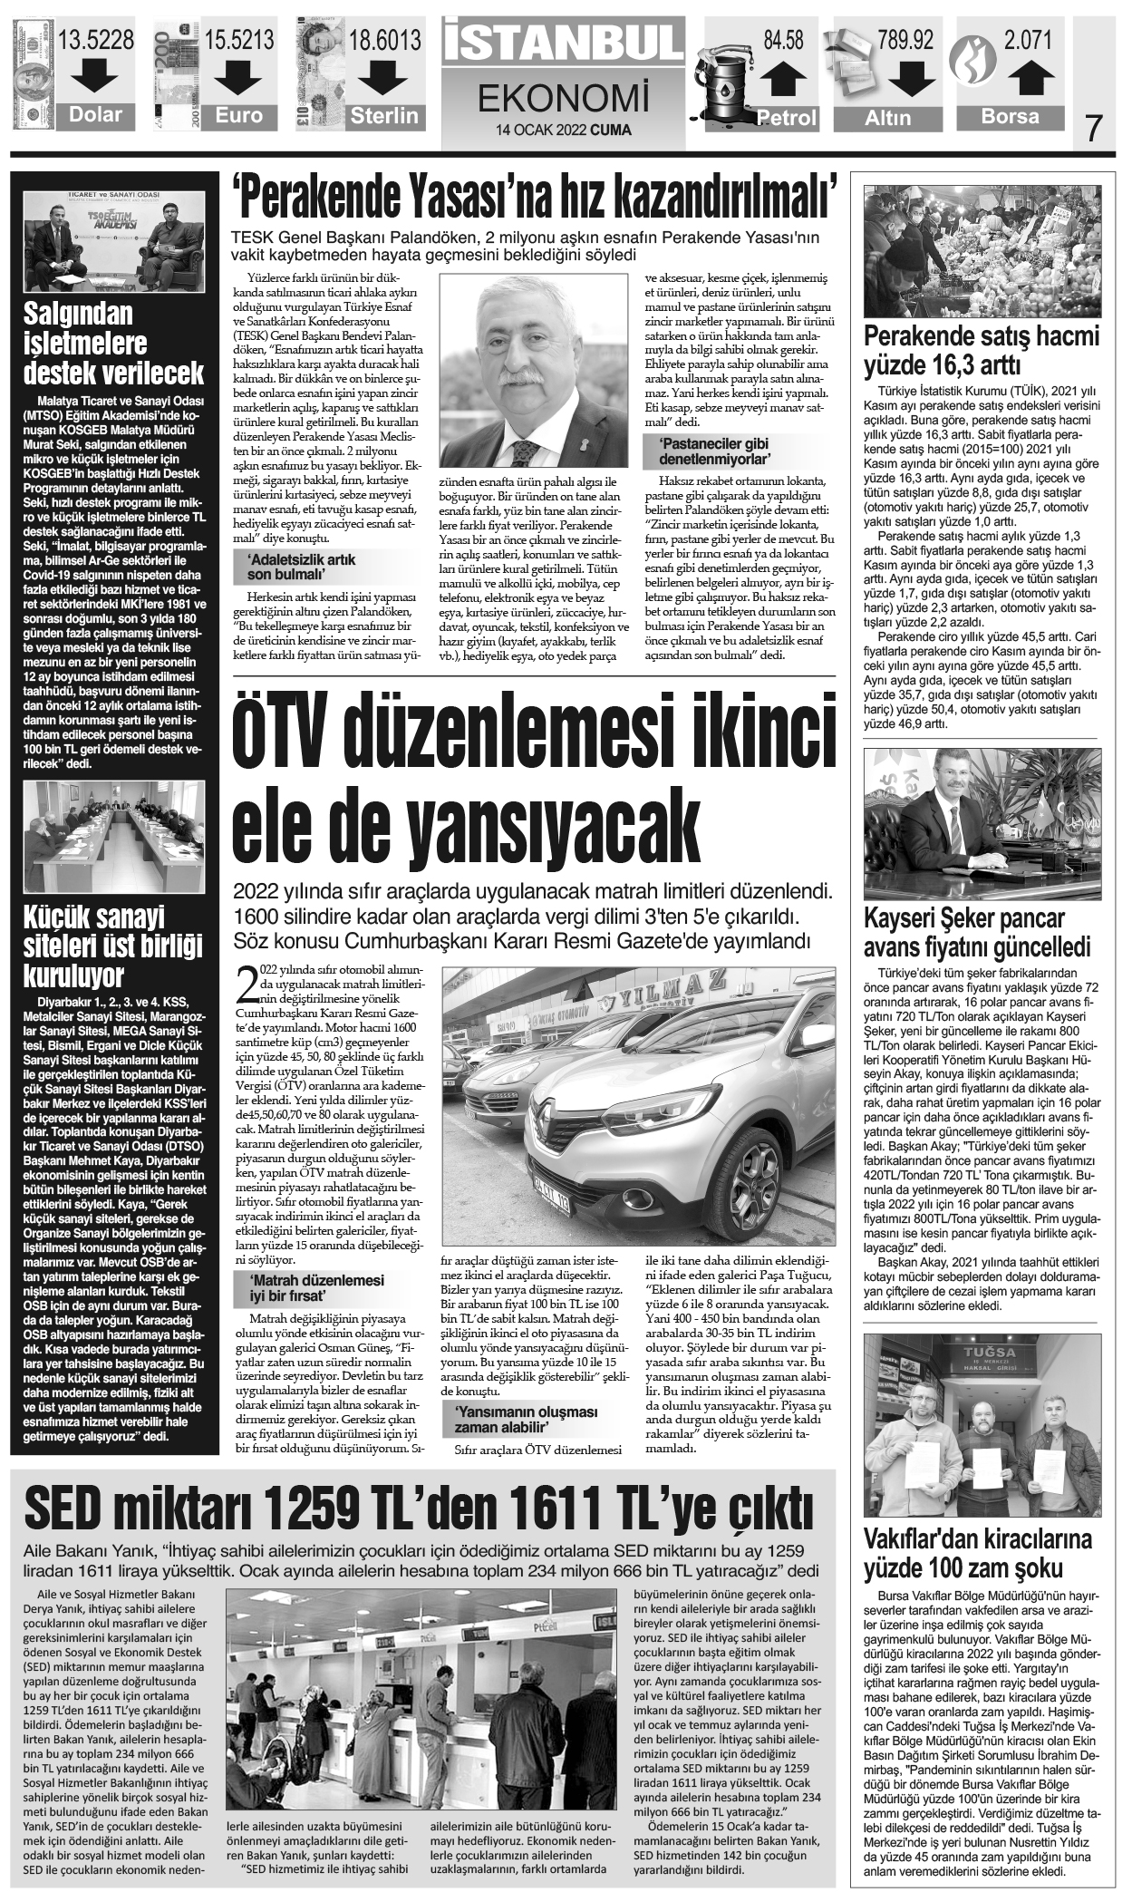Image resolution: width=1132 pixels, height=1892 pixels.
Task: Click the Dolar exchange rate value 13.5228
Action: click(95, 40)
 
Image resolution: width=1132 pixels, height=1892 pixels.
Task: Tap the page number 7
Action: click(1094, 129)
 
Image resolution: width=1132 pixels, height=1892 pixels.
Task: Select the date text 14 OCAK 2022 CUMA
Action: click(563, 130)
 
